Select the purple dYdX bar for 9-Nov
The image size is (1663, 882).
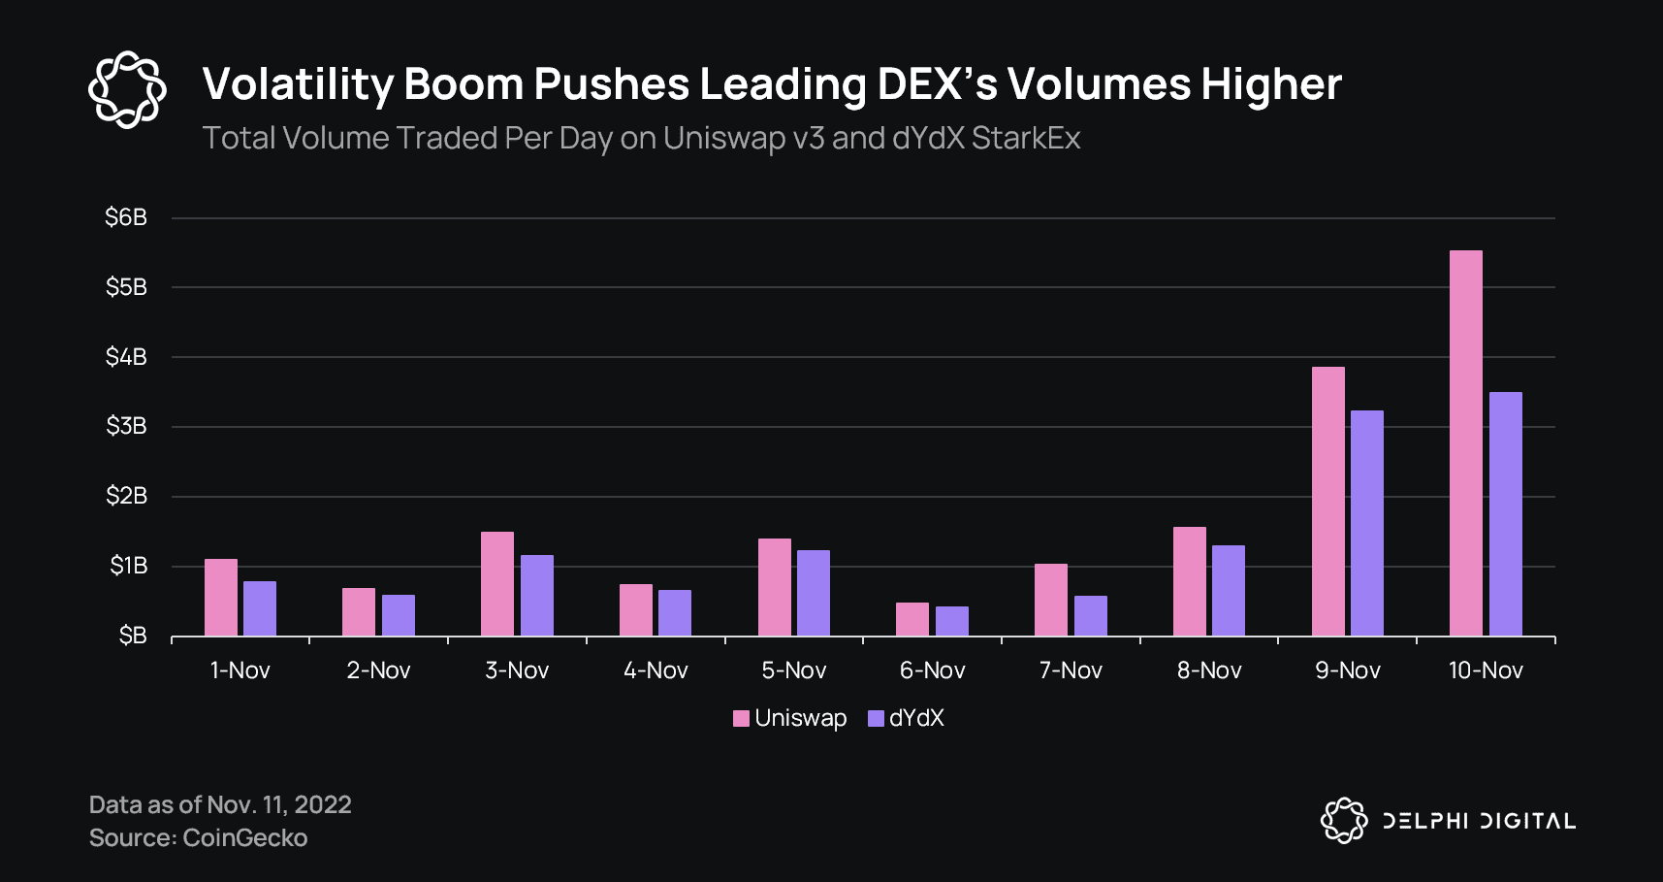(1366, 523)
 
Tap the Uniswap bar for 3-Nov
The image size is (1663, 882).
(497, 583)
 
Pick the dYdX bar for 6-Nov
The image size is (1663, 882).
(951, 621)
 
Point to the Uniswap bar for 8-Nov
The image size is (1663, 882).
(1189, 581)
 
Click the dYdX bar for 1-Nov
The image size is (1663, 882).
(260, 608)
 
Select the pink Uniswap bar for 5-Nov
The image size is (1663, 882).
(774, 587)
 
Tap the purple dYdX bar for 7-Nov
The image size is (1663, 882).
(1090, 615)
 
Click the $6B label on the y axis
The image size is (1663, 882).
(126, 217)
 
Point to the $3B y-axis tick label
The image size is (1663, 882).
(126, 426)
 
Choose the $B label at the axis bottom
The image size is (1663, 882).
(132, 636)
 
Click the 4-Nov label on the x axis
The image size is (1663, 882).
(656, 670)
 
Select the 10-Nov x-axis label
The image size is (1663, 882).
(1485, 670)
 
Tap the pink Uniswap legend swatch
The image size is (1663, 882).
(741, 718)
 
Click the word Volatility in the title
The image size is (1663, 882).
(296, 84)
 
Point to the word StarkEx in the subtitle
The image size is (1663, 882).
(1025, 138)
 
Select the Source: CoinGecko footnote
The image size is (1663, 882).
(198, 837)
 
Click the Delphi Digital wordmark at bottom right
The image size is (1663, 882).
(1478, 821)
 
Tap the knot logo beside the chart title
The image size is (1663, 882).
(127, 89)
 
